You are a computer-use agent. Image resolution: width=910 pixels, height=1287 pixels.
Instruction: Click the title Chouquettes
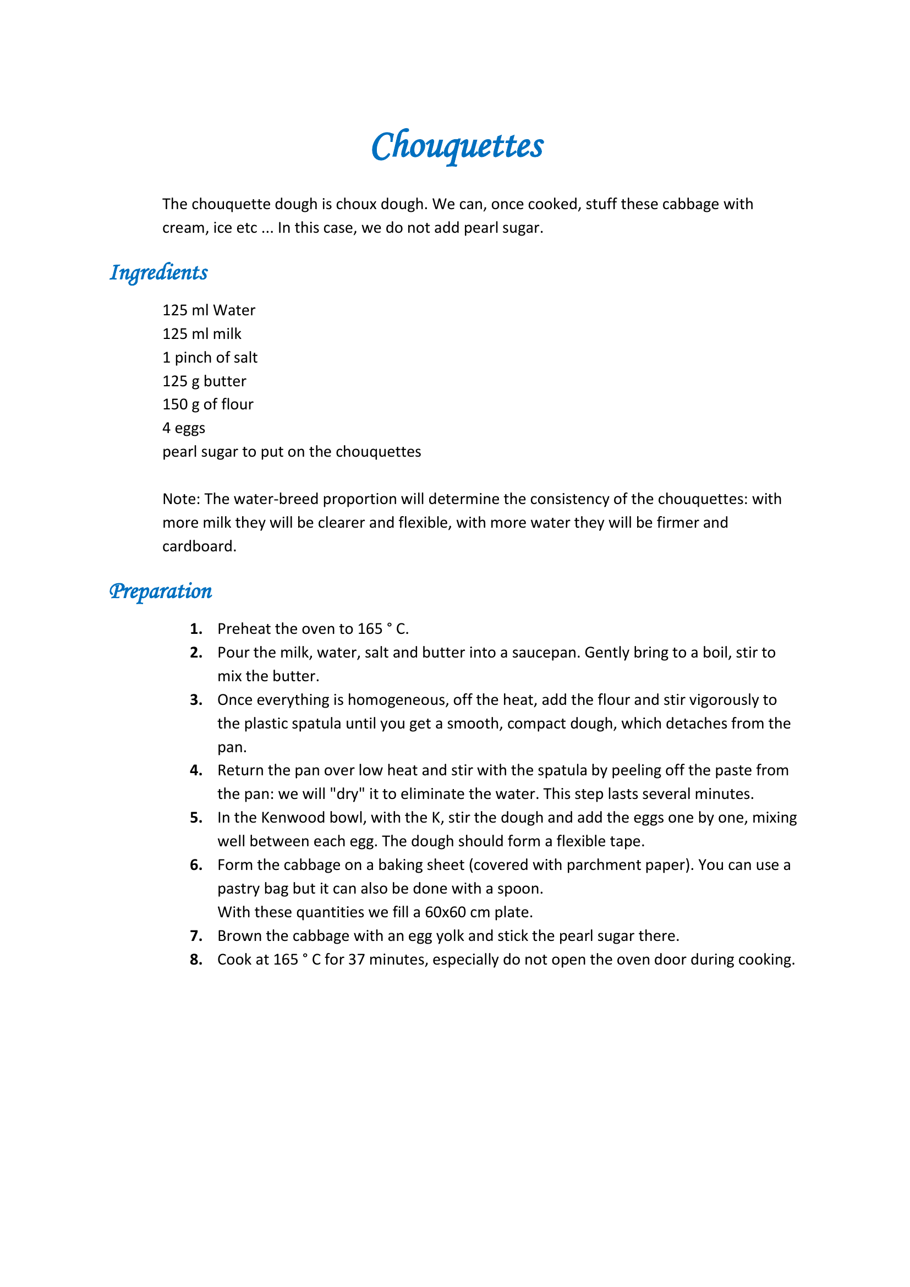pos(457,146)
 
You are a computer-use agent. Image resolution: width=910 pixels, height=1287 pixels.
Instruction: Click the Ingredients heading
pos(158,273)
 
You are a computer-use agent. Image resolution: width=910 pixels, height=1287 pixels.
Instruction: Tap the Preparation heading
pos(161,592)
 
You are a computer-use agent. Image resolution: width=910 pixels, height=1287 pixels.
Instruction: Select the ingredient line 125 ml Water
pos(209,310)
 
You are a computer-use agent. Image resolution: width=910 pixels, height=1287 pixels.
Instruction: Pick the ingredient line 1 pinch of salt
pos(210,357)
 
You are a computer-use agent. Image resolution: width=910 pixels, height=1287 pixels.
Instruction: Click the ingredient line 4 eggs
pos(184,428)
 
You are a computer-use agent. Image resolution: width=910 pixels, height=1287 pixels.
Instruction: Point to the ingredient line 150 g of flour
pos(207,404)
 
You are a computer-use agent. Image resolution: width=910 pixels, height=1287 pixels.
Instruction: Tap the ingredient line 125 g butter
pos(204,381)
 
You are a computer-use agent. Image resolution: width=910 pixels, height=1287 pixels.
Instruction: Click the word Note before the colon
pos(180,499)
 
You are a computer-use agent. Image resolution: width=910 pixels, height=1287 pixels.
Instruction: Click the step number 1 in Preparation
pos(195,629)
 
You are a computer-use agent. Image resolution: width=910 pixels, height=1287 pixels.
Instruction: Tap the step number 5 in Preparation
pos(195,818)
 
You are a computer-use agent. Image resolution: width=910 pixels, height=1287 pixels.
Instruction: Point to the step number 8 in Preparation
pos(195,960)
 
